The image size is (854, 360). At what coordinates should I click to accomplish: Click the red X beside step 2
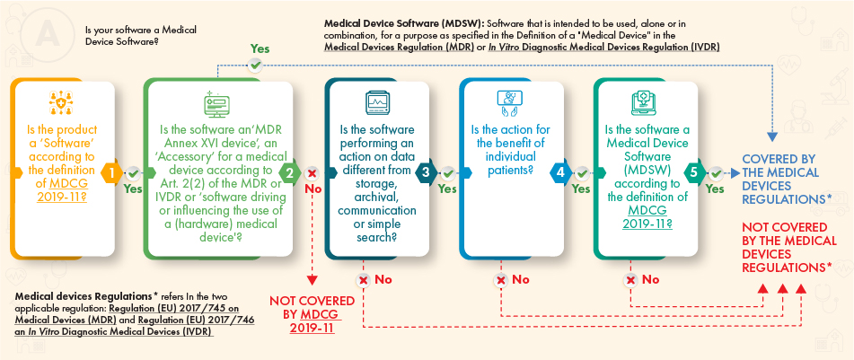click(313, 173)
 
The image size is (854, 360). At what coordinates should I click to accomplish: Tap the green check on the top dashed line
click(257, 65)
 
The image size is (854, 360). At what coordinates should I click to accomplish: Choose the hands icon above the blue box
click(505, 101)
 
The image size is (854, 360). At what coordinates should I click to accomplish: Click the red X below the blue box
click(501, 280)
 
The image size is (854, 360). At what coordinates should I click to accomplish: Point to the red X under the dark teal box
click(365, 280)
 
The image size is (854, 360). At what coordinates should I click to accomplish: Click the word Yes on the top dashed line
click(260, 48)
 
